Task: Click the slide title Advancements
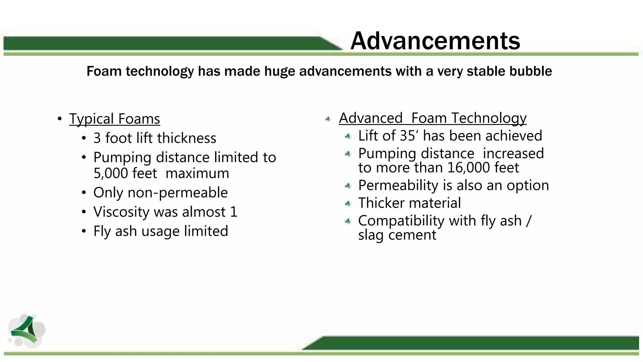(x=435, y=41)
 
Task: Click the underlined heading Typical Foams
(x=115, y=119)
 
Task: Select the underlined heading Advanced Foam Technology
(x=432, y=118)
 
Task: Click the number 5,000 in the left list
(x=109, y=173)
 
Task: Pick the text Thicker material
(x=409, y=203)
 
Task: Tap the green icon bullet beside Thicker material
(x=348, y=204)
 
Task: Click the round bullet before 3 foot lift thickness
(x=84, y=139)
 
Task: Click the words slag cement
(x=397, y=235)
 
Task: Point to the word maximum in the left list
(x=197, y=173)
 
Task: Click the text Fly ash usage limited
(x=160, y=231)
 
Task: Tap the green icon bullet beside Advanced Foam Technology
(x=328, y=119)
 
